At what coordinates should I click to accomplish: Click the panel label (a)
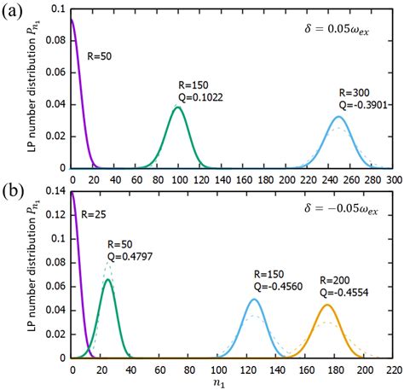point(12,12)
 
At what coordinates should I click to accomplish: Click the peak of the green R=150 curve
point(179,107)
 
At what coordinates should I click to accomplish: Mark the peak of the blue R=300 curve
point(339,116)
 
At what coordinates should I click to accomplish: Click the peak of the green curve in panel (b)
point(108,279)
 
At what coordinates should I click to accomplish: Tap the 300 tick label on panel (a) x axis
point(392,181)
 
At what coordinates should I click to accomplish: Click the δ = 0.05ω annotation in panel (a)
point(339,28)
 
